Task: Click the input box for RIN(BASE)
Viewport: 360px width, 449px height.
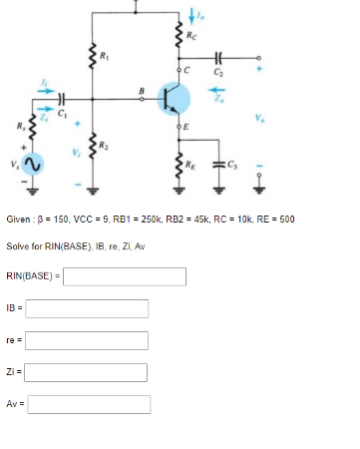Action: pyautogui.click(x=124, y=275)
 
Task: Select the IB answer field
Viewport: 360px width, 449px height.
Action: pyautogui.click(x=87, y=308)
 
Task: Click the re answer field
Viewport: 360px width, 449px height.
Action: pyautogui.click(x=87, y=340)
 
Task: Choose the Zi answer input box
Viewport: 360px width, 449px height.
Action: pyautogui.click(x=87, y=372)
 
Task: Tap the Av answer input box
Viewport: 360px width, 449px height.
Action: pyautogui.click(x=89, y=404)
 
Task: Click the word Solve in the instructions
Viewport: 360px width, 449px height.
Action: pyautogui.click(x=17, y=244)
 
